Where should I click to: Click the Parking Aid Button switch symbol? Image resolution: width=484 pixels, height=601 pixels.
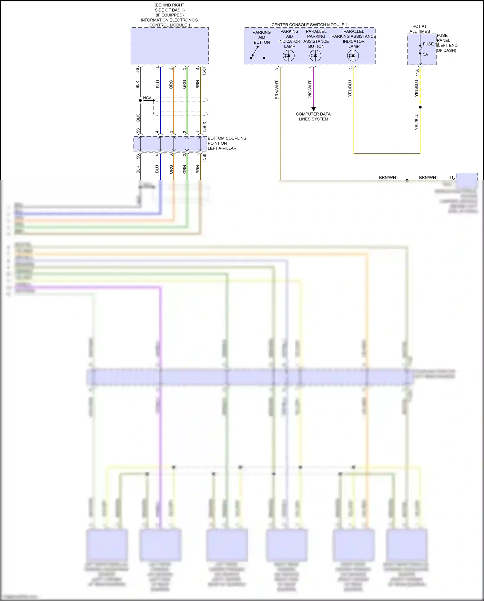click(257, 53)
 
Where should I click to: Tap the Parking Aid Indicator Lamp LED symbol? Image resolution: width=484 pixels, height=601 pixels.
click(288, 56)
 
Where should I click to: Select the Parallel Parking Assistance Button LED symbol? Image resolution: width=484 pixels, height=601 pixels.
click(315, 56)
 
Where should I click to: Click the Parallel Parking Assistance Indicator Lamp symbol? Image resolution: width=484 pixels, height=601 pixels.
click(353, 56)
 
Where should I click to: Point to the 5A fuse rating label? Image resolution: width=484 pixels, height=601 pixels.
click(425, 54)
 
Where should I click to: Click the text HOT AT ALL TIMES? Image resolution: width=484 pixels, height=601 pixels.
click(419, 29)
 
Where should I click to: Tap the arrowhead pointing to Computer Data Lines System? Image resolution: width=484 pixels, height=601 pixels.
click(313, 109)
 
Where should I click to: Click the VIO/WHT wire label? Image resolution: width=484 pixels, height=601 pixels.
click(310, 89)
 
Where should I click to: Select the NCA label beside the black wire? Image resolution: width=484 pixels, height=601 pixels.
click(147, 98)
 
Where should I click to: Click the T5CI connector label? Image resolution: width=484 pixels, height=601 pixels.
click(204, 71)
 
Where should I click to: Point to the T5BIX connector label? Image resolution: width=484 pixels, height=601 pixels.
click(204, 127)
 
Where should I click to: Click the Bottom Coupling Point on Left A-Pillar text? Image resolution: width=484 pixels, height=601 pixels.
click(227, 143)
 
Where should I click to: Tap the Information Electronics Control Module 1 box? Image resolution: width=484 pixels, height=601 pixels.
click(169, 46)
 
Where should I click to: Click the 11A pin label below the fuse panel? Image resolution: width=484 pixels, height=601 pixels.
click(417, 73)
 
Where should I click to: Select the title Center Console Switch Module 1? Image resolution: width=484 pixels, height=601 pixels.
click(309, 25)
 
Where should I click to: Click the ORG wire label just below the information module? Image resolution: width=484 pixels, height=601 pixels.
click(171, 85)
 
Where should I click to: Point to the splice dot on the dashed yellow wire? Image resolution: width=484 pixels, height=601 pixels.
click(420, 107)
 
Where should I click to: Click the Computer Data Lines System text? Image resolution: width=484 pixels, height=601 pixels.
click(313, 117)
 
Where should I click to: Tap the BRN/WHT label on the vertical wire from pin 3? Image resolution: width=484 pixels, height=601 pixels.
click(277, 90)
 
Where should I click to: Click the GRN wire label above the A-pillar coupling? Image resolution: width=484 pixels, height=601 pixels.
click(184, 84)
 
